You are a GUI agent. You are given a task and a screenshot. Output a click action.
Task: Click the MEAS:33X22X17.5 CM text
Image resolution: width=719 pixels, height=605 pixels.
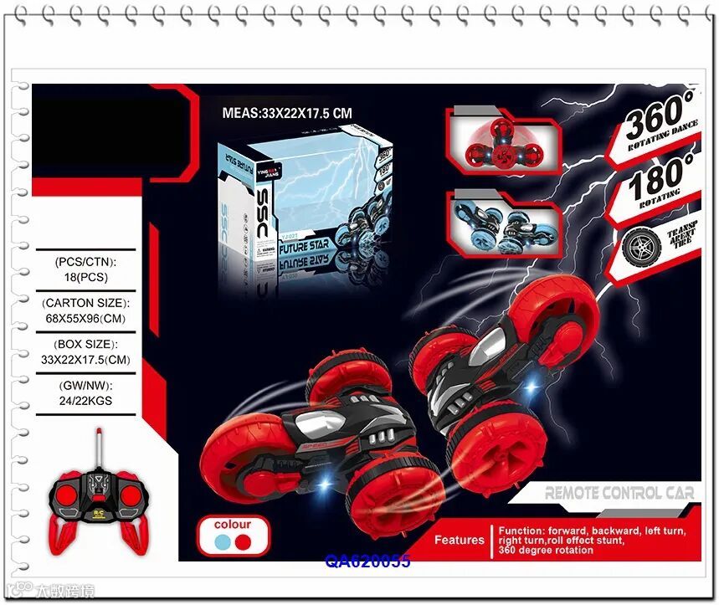(x=286, y=112)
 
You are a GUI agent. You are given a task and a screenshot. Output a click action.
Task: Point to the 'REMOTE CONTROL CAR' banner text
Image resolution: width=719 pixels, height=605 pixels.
(x=619, y=493)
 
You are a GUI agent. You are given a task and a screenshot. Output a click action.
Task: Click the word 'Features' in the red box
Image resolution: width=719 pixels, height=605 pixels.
(x=459, y=540)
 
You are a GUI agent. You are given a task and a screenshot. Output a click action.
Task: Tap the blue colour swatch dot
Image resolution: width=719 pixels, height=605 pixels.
(x=221, y=541)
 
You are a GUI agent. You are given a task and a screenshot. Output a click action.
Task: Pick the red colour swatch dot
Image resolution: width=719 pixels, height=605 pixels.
(x=243, y=541)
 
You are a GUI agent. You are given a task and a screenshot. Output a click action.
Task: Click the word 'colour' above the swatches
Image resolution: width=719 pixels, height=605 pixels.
(x=232, y=525)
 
